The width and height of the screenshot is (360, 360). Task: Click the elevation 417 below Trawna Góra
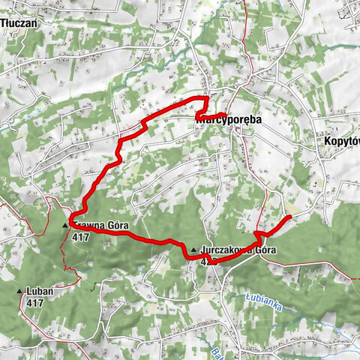pyautogui.click(x=82, y=236)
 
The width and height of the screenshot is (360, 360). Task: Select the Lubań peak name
pyautogui.click(x=37, y=291)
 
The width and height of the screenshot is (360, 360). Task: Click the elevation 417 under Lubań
pyautogui.click(x=34, y=302)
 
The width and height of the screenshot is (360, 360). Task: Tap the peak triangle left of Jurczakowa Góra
pyautogui.click(x=194, y=250)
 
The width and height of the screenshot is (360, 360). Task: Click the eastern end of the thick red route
pyautogui.click(x=289, y=217)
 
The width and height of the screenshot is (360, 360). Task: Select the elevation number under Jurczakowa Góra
pyautogui.click(x=208, y=262)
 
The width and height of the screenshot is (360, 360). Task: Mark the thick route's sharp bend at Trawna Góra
pyautogui.click(x=70, y=222)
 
